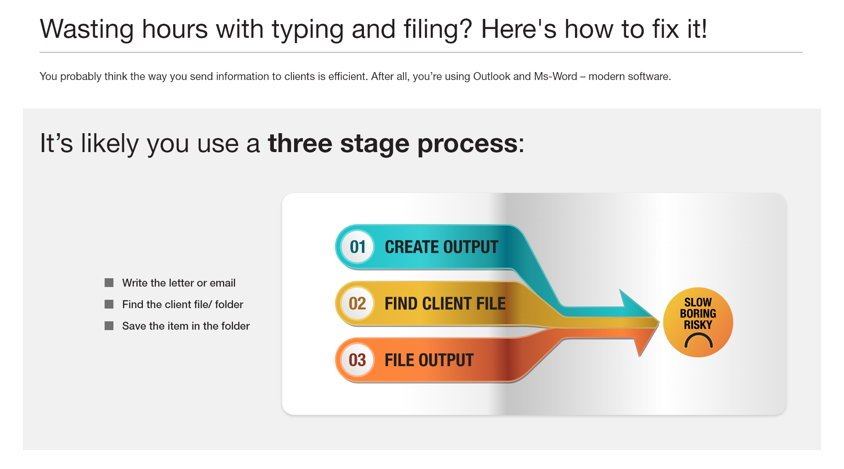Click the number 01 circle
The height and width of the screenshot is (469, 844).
pos(357,247)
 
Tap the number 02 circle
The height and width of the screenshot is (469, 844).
pos(357,303)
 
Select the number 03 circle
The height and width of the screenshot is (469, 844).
pos(357,360)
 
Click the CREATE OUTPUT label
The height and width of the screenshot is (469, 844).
pos(441,247)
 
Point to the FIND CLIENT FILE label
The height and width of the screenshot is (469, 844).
pos(445,304)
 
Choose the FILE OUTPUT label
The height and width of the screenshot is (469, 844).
pos(429,360)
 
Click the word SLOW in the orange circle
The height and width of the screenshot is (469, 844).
pos(698,302)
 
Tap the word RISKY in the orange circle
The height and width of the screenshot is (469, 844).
pos(698,325)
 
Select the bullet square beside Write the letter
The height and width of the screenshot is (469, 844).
pos(109,283)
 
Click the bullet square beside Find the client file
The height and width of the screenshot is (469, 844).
pos(109,304)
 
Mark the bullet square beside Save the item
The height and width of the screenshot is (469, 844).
pos(109,326)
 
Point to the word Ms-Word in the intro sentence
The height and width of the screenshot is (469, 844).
pos(556,76)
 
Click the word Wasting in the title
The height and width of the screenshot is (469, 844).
pos(87,30)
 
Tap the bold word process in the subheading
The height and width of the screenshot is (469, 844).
pos(467,144)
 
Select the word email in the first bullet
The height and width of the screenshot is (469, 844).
pos(222,283)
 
